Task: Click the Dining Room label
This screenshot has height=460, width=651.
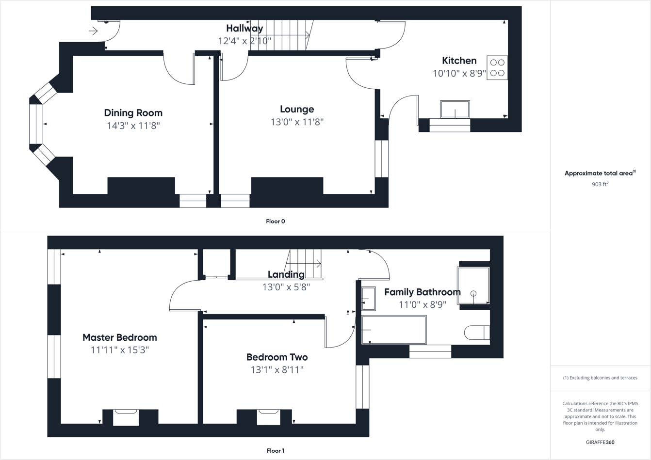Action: click(133, 113)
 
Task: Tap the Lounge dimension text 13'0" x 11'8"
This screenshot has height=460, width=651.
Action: click(297, 122)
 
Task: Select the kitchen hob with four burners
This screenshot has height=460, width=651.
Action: click(497, 68)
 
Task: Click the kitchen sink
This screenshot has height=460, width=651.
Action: click(455, 110)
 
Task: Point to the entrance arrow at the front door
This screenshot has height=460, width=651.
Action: click(94, 32)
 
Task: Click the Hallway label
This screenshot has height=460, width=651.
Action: click(244, 29)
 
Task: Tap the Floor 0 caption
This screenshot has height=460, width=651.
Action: click(275, 222)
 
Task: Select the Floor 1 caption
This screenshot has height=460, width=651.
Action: click(275, 451)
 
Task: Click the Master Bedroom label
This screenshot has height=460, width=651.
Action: click(119, 338)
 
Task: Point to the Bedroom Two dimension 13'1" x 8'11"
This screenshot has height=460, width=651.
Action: click(277, 370)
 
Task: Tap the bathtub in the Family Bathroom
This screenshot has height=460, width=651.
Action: click(394, 330)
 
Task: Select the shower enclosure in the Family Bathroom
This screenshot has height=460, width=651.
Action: click(473, 286)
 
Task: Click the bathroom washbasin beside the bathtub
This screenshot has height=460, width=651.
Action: click(369, 299)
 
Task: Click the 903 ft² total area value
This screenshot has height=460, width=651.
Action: click(600, 184)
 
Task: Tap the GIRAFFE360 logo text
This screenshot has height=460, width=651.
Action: click(600, 443)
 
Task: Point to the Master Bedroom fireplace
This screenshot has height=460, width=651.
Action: click(126, 417)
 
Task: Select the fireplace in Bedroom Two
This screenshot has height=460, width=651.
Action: click(268, 417)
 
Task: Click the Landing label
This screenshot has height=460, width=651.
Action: click(286, 275)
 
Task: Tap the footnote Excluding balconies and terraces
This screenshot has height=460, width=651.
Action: click(600, 378)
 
